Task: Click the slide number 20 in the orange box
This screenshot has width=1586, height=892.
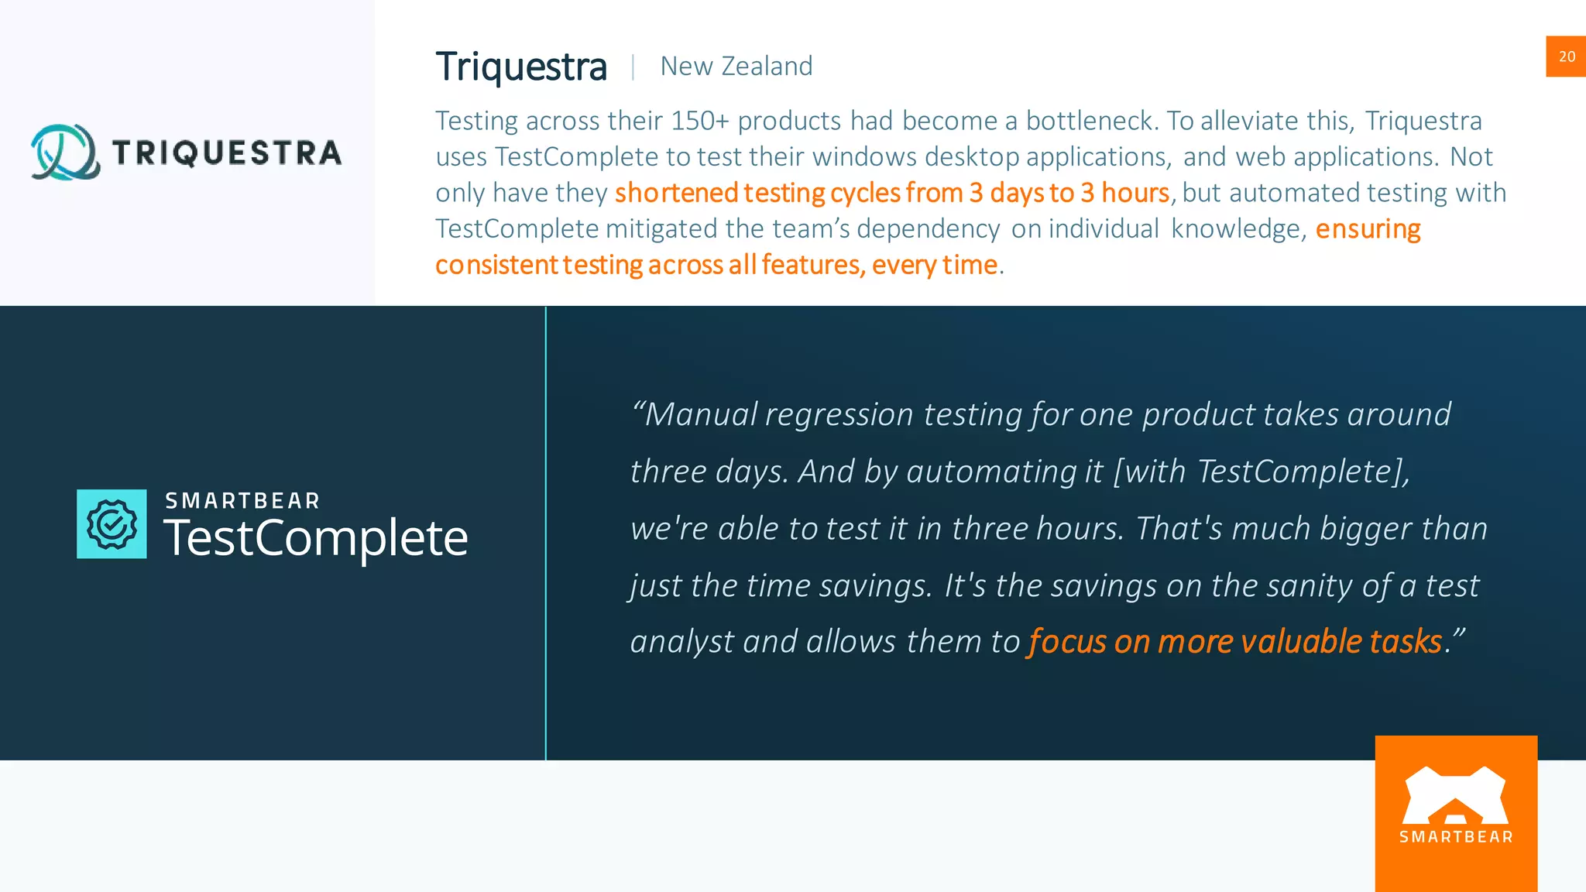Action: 1567,57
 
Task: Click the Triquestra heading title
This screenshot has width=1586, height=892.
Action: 521,67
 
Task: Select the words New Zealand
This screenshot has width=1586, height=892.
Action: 736,67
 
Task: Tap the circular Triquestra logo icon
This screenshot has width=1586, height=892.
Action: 65,152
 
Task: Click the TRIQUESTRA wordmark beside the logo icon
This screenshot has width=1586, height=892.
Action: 227,153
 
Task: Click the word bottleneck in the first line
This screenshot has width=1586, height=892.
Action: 1091,121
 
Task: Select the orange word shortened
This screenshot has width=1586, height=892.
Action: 676,193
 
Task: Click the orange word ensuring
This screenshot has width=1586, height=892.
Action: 1368,229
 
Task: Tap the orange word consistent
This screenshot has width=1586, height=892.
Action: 496,265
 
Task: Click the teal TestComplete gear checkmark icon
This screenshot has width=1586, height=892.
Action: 112,524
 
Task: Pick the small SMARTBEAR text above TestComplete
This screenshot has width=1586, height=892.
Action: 242,501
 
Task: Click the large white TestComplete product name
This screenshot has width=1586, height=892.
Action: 316,538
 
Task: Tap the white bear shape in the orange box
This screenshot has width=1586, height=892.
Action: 1455,795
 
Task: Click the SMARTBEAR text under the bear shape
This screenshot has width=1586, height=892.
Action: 1456,837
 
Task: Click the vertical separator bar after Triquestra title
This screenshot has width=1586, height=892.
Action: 633,67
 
